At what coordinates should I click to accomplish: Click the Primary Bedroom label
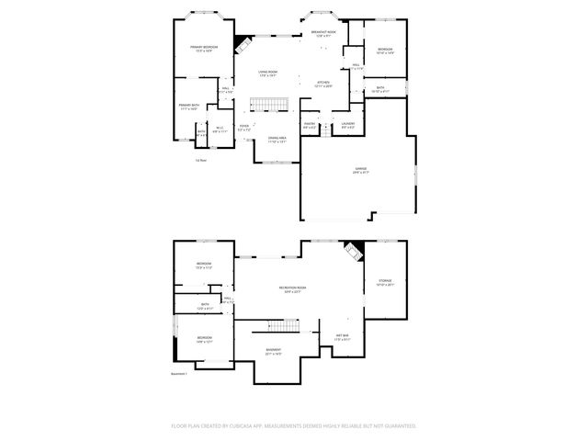pos(203,48)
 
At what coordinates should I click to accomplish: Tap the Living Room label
pos(267,73)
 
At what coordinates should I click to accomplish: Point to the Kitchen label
pos(323,84)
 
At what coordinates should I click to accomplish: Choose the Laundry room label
pos(348,126)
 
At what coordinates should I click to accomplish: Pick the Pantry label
pos(310,126)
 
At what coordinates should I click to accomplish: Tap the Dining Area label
pos(277,140)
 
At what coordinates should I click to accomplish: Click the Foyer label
pos(244,128)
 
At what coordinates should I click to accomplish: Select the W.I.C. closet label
pos(220,130)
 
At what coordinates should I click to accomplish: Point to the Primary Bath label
pos(189,107)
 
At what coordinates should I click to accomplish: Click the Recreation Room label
pos(292,290)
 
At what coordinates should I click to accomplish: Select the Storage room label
pos(385,282)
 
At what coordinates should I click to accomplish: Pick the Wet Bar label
pos(342,336)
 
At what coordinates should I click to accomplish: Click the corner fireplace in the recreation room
pos(353,251)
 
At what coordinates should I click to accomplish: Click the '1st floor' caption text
pos(199,159)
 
